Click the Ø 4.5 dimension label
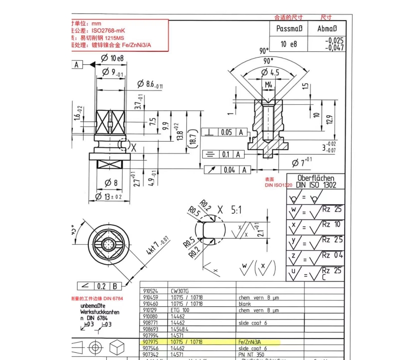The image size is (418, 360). coord(270,72)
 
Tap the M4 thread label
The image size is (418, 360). coord(268,85)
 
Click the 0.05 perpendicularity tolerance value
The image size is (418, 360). coord(227,132)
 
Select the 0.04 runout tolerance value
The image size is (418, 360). coord(229,170)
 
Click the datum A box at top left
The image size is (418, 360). coord(77,65)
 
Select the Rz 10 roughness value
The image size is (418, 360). coord(332,224)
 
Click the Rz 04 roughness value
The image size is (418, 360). coord(332,255)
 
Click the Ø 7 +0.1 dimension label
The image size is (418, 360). coord(302,162)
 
